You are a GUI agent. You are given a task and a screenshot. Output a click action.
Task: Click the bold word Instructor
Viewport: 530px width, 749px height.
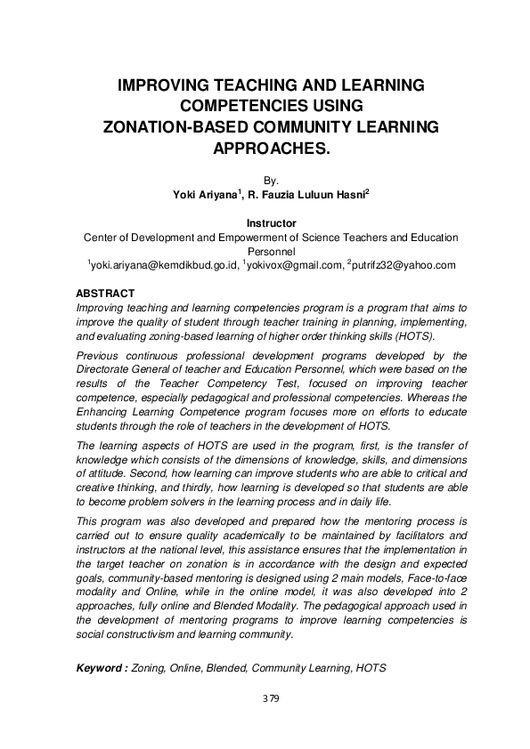coord(271,223)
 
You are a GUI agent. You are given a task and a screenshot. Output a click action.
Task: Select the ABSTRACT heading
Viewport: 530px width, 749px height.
coord(105,293)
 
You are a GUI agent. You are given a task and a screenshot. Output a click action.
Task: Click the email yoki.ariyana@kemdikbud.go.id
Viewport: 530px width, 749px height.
coord(164,265)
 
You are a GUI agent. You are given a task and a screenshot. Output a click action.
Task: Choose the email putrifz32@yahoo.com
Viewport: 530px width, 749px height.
coord(404,265)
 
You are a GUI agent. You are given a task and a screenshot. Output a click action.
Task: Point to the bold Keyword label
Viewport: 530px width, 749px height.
coord(102,666)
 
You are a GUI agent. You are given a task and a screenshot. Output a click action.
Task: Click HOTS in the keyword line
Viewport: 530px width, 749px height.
coord(371,666)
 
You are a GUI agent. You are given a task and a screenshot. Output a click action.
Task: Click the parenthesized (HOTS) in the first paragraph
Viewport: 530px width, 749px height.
coord(414,336)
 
